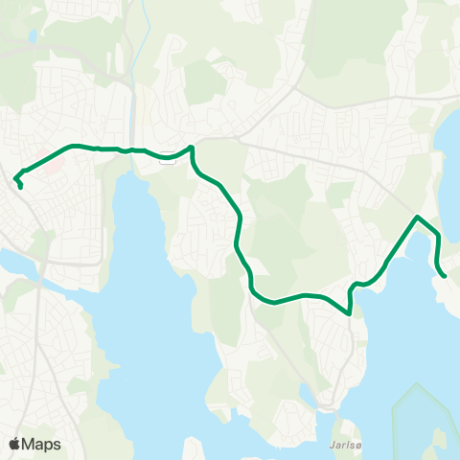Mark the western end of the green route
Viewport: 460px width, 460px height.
click(x=20, y=187)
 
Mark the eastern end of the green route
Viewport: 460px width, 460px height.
click(x=445, y=276)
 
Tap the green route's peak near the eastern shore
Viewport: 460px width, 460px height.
click(x=417, y=218)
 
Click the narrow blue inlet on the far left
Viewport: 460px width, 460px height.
click(x=19, y=261)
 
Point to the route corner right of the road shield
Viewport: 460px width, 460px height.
click(x=193, y=148)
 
